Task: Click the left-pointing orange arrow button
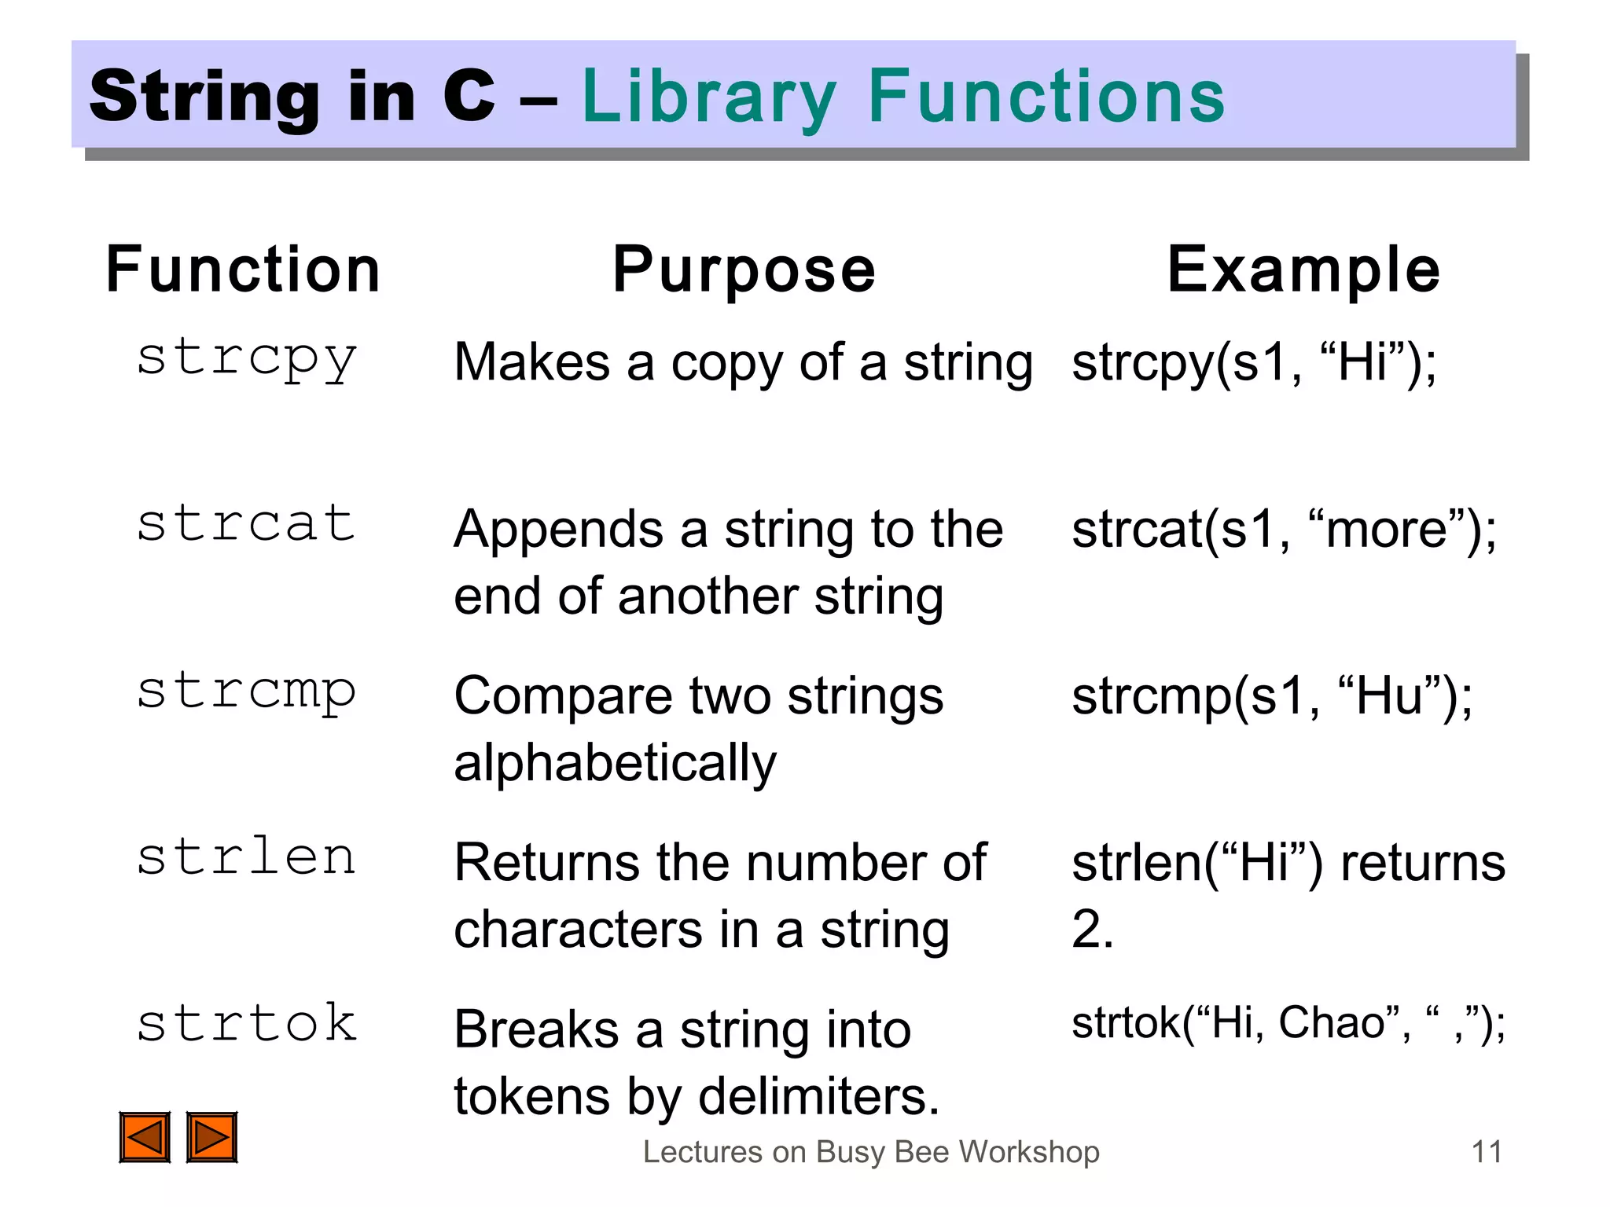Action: pyautogui.click(x=145, y=1136)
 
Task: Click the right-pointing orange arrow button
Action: pyautogui.click(x=211, y=1136)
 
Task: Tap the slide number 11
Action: pyautogui.click(x=1486, y=1152)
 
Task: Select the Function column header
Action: pyautogui.click(x=243, y=270)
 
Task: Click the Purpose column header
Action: pyautogui.click(x=744, y=270)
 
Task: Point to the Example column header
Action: pyautogui.click(x=1303, y=270)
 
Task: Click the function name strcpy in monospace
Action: pyautogui.click(x=247, y=359)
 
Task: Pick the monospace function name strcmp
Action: pyautogui.click(x=247, y=692)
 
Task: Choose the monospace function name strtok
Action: pyautogui.click(x=247, y=1023)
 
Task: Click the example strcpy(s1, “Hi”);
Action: pyautogui.click(x=1255, y=363)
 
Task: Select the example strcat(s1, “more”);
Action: pyautogui.click(x=1284, y=530)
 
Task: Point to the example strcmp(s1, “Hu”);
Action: pyautogui.click(x=1272, y=696)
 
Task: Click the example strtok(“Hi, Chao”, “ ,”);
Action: pyautogui.click(x=1288, y=1023)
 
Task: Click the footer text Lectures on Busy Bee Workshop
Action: pyautogui.click(x=871, y=1152)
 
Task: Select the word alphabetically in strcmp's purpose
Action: pyautogui.click(x=616, y=763)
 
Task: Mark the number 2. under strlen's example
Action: pyautogui.click(x=1092, y=930)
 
